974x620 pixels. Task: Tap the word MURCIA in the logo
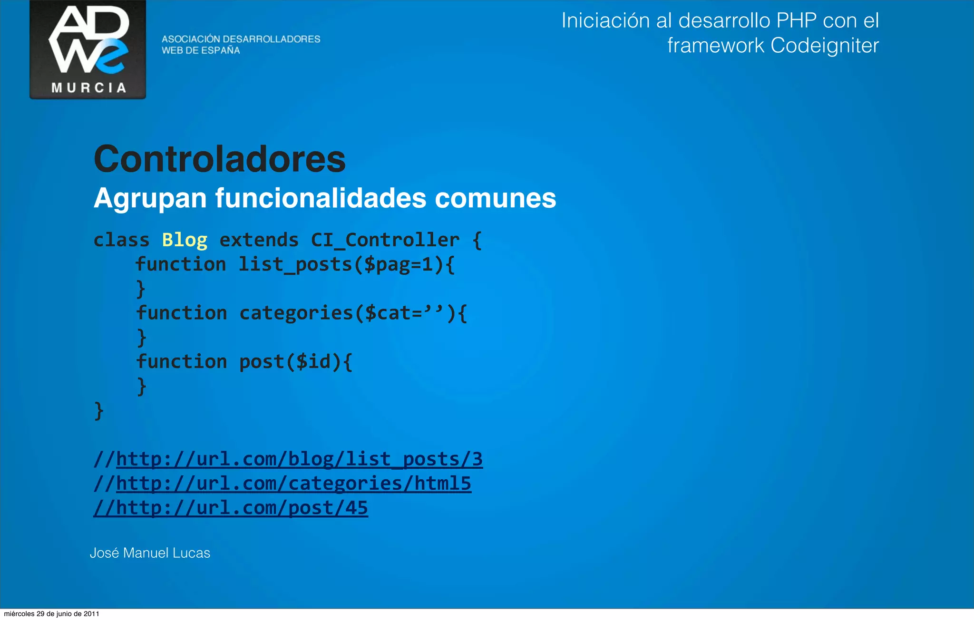[x=88, y=88]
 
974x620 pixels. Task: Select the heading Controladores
[x=220, y=159]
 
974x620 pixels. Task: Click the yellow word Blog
[x=185, y=240]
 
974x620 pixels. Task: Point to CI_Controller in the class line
[x=385, y=240]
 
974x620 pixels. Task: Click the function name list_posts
[x=295, y=264]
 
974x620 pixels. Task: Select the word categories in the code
[x=296, y=313]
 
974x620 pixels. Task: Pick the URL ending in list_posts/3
[x=299, y=459]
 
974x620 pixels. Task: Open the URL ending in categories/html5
[x=293, y=484]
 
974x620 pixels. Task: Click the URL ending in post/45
[x=242, y=508]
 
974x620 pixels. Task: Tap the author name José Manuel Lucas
[x=150, y=553]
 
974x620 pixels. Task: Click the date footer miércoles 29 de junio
[x=51, y=614]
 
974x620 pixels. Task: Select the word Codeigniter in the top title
[x=824, y=46]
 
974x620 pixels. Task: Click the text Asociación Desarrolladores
[x=241, y=39]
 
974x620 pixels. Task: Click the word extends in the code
[x=259, y=240]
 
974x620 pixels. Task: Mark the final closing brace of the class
[x=99, y=411]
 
